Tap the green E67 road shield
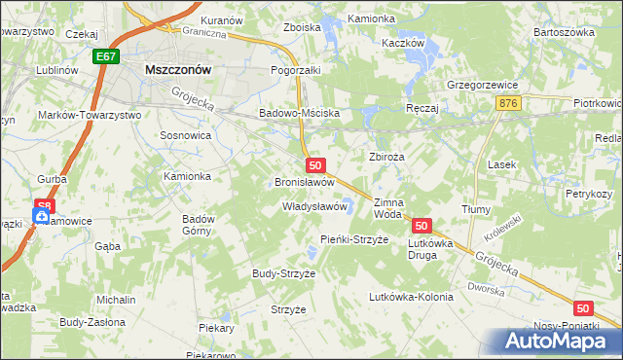pos(107,57)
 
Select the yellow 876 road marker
pos(505,102)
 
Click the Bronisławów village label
pos(305,182)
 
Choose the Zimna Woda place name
pos(387,208)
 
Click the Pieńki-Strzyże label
pos(354,239)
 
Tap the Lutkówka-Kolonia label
pos(411,297)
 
